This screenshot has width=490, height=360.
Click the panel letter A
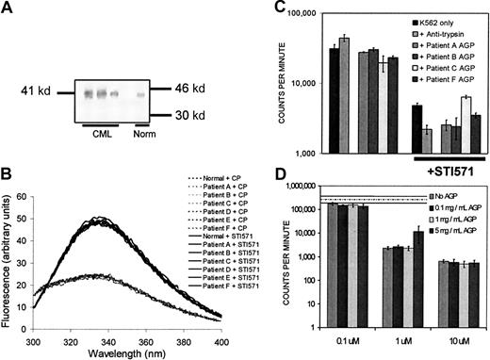coord(8,9)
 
